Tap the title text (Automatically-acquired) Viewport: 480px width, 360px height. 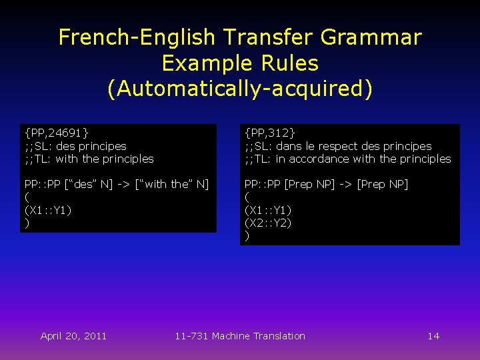(x=240, y=88)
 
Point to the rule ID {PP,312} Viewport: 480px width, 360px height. (x=269, y=133)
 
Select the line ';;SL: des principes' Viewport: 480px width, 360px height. (x=75, y=146)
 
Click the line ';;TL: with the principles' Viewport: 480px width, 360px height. (x=89, y=159)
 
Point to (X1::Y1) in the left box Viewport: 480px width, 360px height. (x=47, y=210)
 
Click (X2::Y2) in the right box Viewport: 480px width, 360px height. (x=267, y=223)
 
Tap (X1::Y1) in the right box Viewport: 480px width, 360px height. (x=267, y=210)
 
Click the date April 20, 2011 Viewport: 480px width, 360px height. (x=73, y=336)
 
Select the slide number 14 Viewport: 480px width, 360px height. (x=433, y=336)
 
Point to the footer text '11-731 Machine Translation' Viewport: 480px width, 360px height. (x=240, y=336)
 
